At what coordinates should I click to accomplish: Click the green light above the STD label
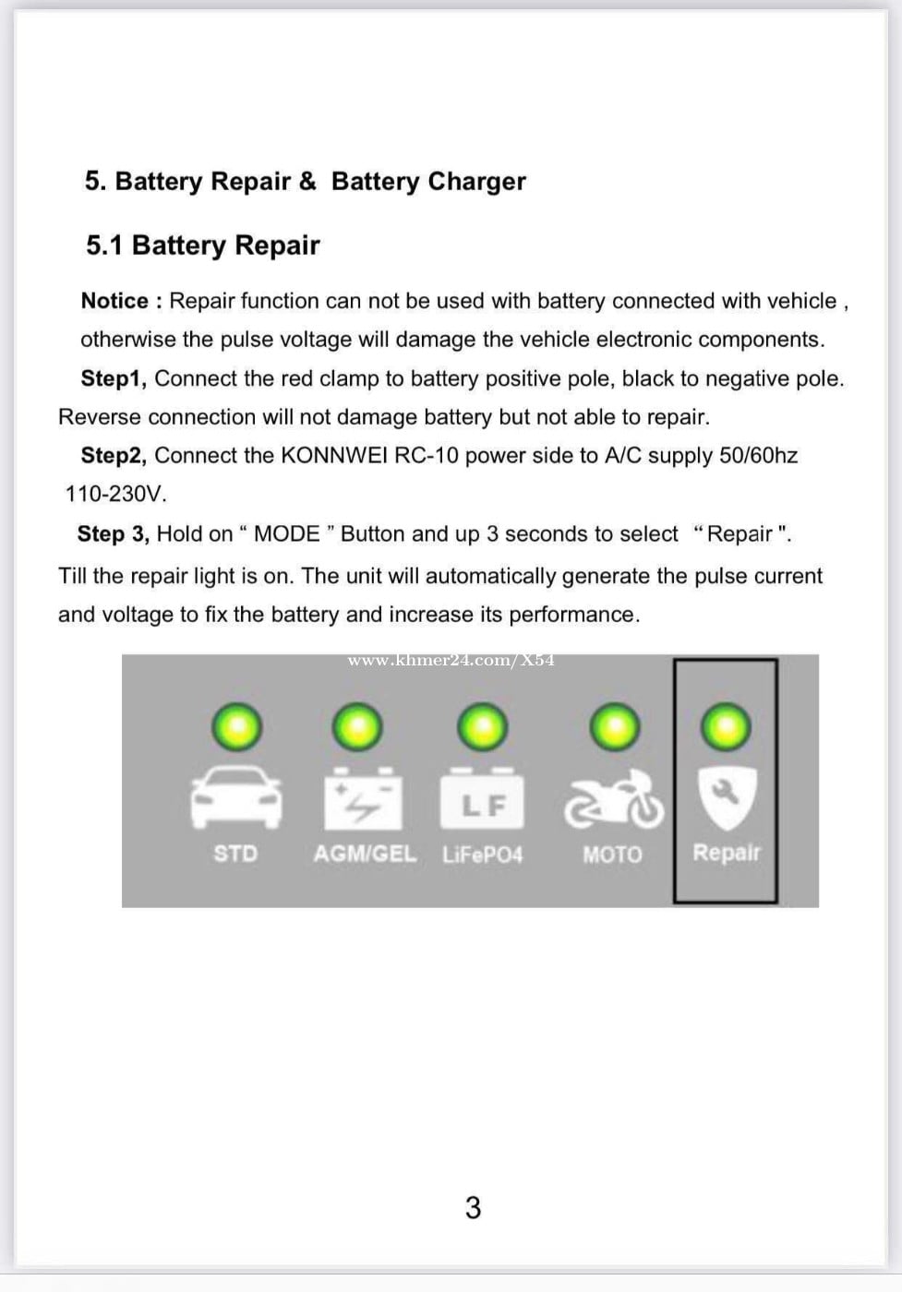tap(236, 727)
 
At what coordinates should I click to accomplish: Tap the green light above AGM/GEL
tap(357, 727)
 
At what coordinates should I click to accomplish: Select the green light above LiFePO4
tap(483, 727)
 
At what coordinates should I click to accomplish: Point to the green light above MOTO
tap(614, 727)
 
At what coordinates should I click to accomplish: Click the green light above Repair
tap(727, 727)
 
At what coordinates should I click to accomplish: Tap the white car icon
tap(235, 798)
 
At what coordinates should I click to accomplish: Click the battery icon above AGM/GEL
tap(363, 798)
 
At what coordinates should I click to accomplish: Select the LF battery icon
tap(482, 800)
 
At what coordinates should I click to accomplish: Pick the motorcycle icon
tap(614, 799)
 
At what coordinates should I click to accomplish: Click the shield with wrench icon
tap(727, 796)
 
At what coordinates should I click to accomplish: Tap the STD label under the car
tap(235, 854)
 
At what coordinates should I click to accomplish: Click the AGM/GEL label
tap(365, 854)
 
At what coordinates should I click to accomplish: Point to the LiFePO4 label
tap(482, 855)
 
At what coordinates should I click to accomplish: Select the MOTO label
tap(612, 855)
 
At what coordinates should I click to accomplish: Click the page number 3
tap(473, 1207)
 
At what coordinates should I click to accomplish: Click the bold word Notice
tap(114, 301)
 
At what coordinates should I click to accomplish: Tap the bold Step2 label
tap(113, 456)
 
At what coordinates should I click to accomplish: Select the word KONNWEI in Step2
tap(329, 456)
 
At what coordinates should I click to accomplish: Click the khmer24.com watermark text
tap(451, 661)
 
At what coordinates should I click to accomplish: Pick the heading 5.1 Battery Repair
tap(202, 245)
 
